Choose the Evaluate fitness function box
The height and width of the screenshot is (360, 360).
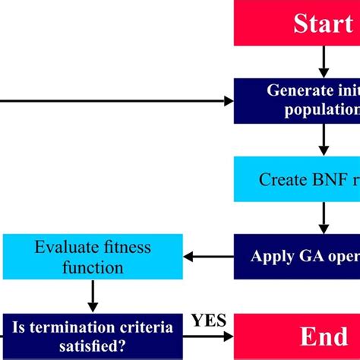coord(93,257)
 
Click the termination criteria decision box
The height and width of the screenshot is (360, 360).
coord(93,335)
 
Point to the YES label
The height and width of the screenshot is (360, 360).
coord(209,321)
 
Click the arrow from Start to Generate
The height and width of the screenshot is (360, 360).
coord(324,61)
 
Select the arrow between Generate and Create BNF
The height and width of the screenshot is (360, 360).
coord(324,140)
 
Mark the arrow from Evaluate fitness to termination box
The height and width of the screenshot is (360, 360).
coord(93,297)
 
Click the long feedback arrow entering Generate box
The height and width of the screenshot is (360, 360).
coord(114,100)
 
